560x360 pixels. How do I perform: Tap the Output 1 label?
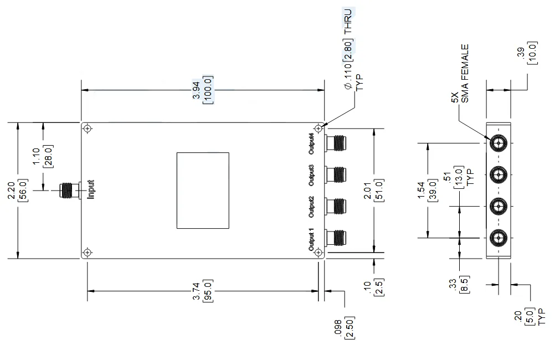312,239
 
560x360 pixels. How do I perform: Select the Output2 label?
312,207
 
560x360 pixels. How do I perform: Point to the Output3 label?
312,175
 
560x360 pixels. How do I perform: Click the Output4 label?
312,143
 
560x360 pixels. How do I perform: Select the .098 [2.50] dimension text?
347,329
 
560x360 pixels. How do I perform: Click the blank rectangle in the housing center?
203,190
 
